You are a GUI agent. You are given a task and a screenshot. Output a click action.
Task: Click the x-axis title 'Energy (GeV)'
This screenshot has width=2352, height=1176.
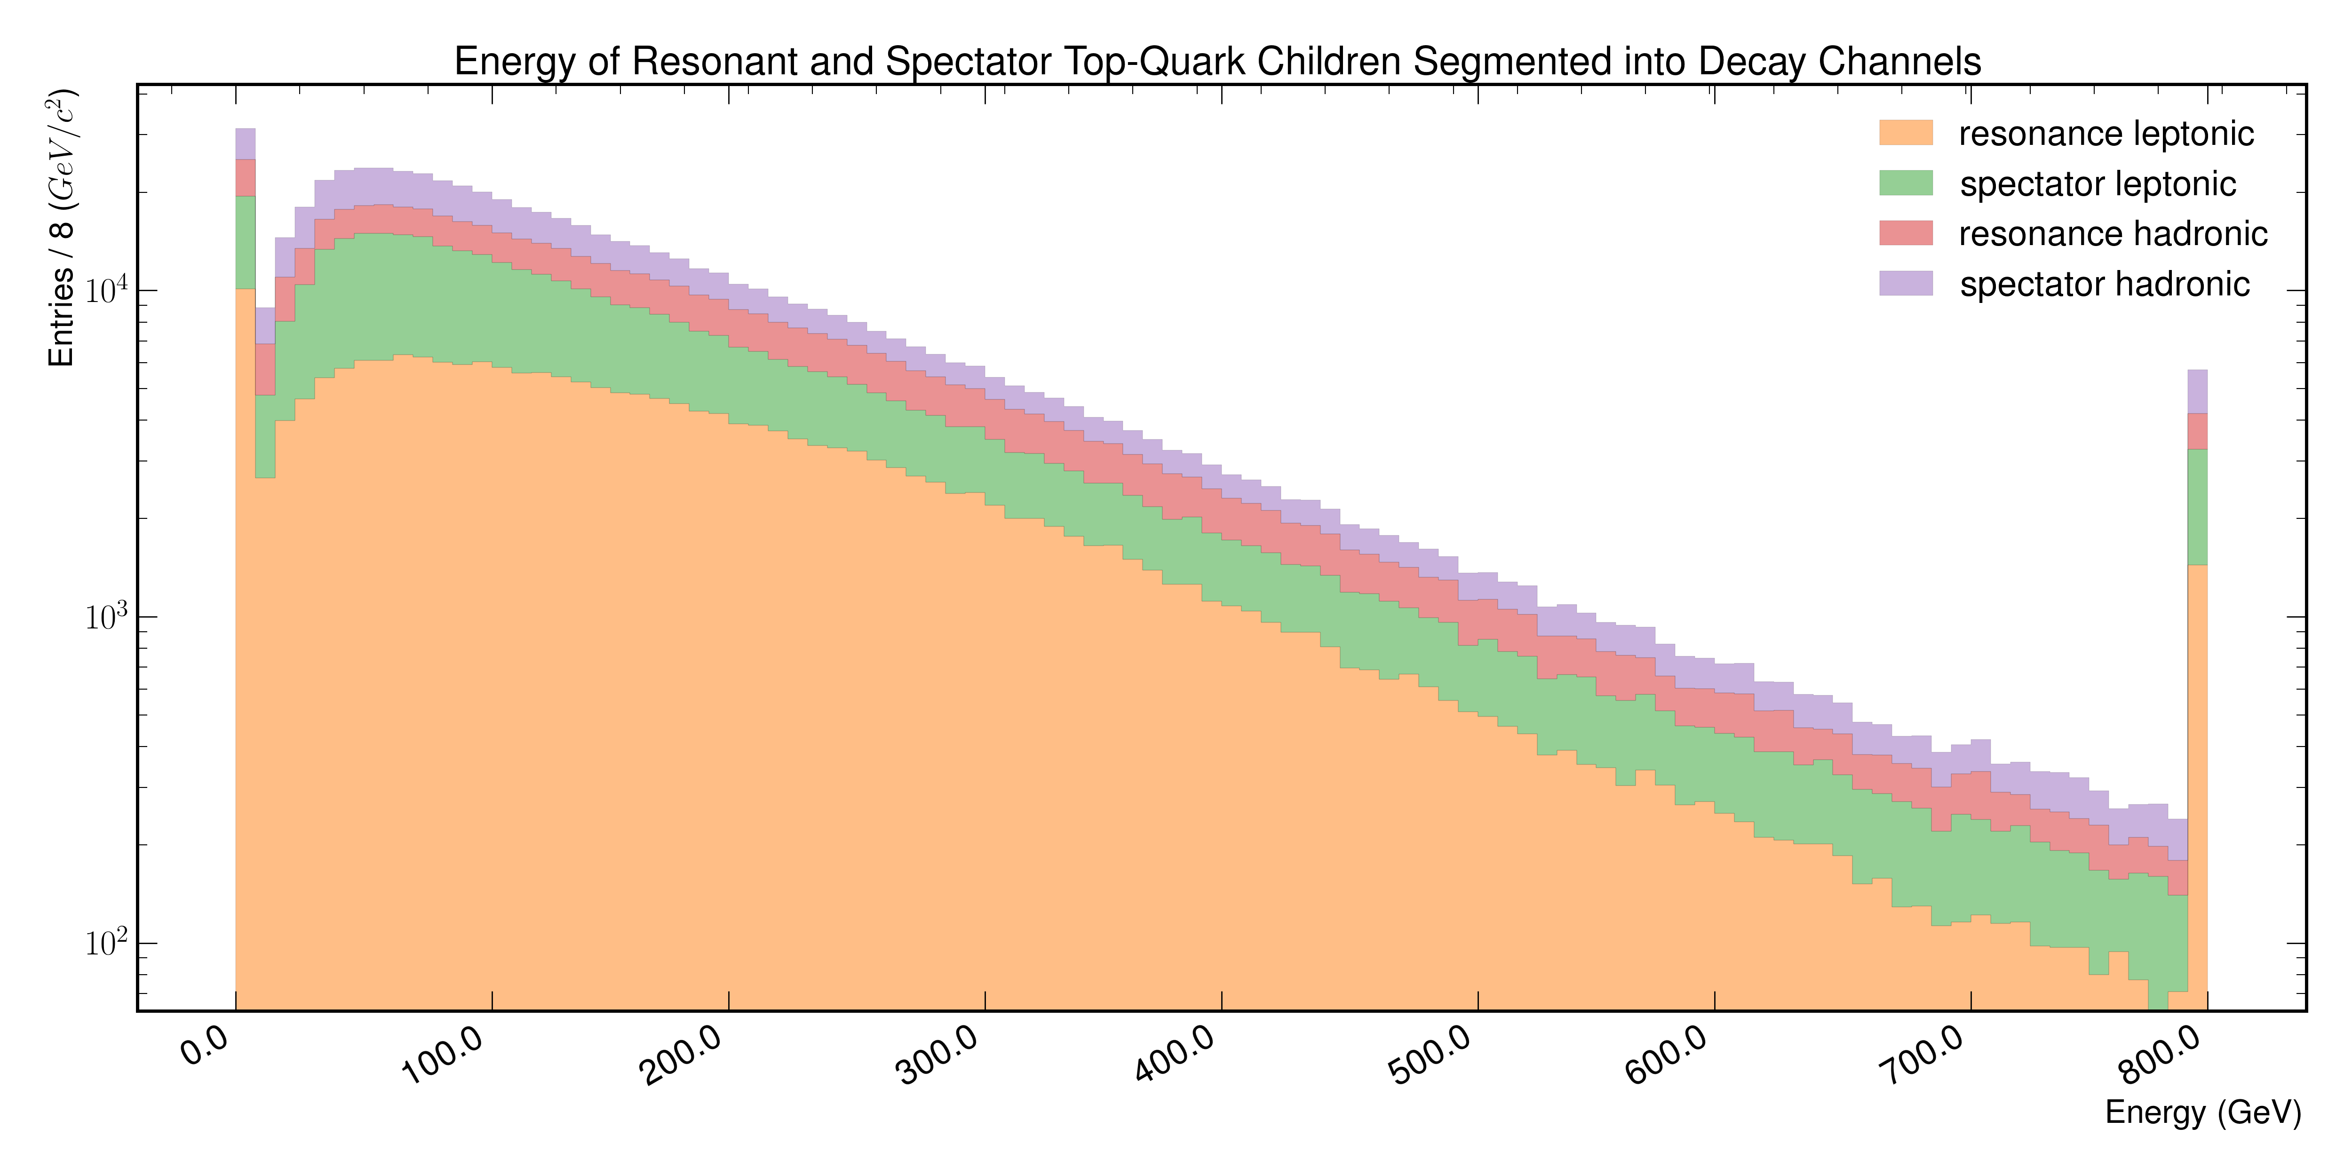click(x=2203, y=1112)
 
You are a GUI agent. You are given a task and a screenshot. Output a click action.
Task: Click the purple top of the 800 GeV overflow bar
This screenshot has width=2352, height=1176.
click(x=2198, y=392)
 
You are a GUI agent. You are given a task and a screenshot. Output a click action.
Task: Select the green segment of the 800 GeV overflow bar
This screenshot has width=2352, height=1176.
click(x=2198, y=507)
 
